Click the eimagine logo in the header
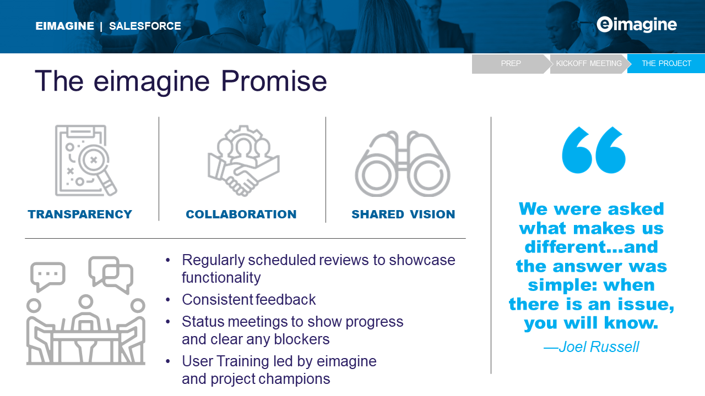click(x=636, y=25)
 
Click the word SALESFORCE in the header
click(x=145, y=26)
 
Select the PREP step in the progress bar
click(x=511, y=63)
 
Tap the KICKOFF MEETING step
click(x=589, y=63)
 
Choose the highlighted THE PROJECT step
click(x=666, y=63)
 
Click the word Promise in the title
click(x=274, y=81)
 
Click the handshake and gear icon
click(x=243, y=161)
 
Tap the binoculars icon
click(x=403, y=163)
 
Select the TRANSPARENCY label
click(x=80, y=215)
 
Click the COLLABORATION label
click(x=241, y=215)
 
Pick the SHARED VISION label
click(x=403, y=215)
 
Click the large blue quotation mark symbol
click(x=594, y=150)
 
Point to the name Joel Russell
click(x=599, y=347)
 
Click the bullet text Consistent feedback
click(x=248, y=300)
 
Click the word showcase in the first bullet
click(x=422, y=260)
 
